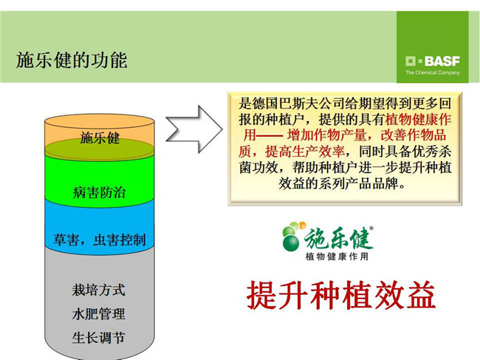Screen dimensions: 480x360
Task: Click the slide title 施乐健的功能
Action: point(72,60)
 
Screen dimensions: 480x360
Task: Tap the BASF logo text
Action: point(442,61)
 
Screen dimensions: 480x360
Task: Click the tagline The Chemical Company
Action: point(433,72)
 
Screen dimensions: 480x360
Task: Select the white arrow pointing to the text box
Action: point(194,129)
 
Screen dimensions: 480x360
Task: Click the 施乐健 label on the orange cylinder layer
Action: point(100,138)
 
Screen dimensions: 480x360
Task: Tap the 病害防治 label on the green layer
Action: point(99,193)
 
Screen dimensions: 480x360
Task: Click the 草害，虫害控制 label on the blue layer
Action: point(100,240)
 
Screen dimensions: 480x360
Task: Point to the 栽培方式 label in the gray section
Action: point(98,290)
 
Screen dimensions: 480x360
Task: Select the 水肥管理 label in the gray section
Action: point(98,314)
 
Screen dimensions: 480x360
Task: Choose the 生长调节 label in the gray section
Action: point(98,338)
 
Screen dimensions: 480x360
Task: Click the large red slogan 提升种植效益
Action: point(341,295)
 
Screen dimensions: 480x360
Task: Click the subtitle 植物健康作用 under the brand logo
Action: point(337,256)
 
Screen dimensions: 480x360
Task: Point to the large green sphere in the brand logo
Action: point(291,242)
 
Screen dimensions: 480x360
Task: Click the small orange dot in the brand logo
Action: point(303,225)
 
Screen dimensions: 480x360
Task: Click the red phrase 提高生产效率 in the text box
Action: point(305,152)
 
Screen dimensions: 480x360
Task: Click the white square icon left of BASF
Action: point(411,61)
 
